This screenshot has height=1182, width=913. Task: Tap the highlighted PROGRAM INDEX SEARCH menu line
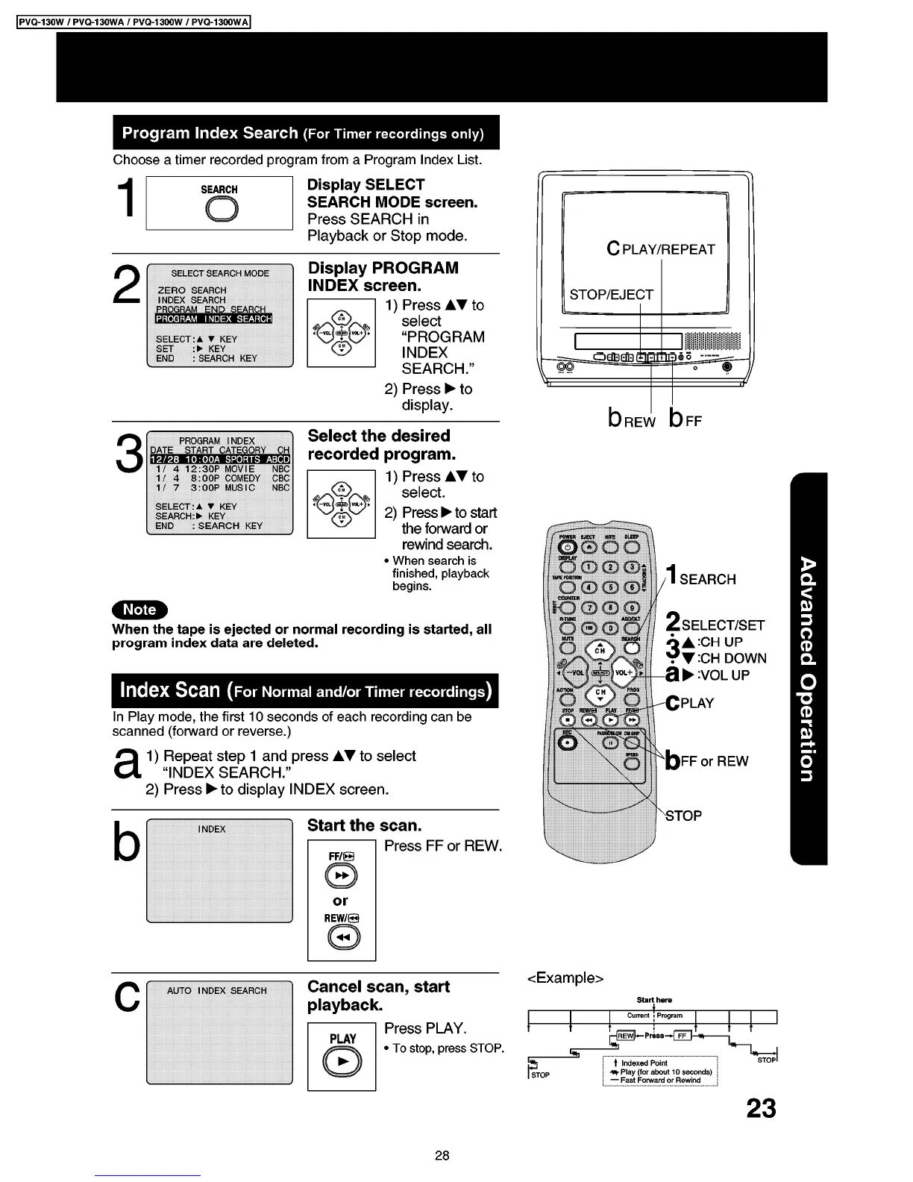214,319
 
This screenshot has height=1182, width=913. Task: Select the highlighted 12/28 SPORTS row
220,460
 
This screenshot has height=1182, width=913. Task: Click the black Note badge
140,610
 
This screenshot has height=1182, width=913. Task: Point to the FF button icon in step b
341,876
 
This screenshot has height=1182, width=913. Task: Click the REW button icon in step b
341,938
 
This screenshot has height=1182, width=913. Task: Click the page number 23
761,1109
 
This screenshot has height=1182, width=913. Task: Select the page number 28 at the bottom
442,1156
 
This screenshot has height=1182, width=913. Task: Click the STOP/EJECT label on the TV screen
611,295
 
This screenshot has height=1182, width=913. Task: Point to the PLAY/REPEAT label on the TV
661,249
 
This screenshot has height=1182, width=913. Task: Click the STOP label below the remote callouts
683,816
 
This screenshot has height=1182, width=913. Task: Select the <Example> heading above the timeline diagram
565,978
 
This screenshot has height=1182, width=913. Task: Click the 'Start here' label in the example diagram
654,999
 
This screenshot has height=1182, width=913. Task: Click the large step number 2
128,287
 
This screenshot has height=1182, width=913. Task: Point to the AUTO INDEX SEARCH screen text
216,991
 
